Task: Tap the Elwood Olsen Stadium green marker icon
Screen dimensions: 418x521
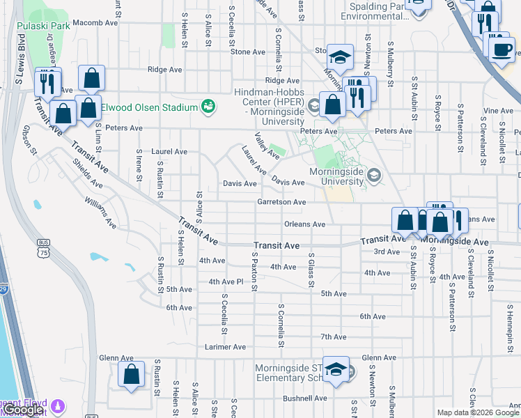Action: pos(207,107)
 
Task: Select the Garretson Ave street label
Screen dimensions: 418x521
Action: pos(281,202)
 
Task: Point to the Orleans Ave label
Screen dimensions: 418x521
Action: pos(305,224)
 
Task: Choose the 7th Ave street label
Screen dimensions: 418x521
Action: pos(334,336)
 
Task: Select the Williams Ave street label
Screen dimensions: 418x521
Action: pos(101,212)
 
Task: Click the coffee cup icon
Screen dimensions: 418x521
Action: pos(501,49)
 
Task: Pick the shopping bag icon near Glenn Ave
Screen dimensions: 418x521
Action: pos(131,375)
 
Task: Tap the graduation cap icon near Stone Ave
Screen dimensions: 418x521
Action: pos(340,58)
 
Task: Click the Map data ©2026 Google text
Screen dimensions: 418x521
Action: pos(477,412)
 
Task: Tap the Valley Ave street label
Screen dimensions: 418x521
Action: pos(266,146)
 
